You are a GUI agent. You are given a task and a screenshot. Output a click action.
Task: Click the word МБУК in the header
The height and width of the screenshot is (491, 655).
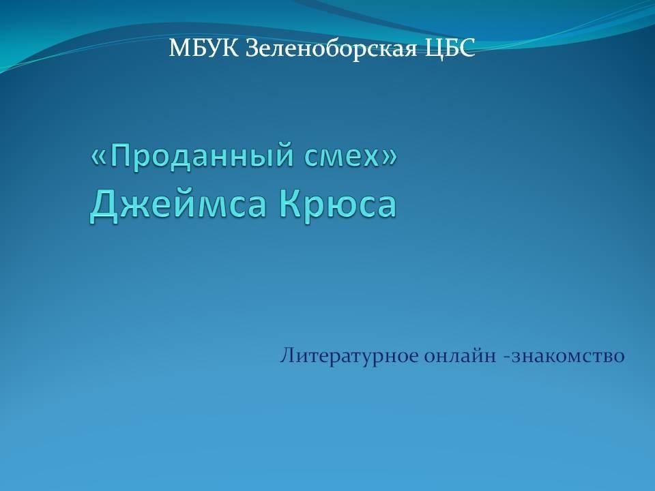(x=203, y=48)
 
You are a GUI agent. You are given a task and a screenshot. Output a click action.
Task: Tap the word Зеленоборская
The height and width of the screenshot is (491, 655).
(x=332, y=49)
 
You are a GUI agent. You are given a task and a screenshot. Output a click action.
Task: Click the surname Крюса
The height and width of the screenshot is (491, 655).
(x=338, y=204)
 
